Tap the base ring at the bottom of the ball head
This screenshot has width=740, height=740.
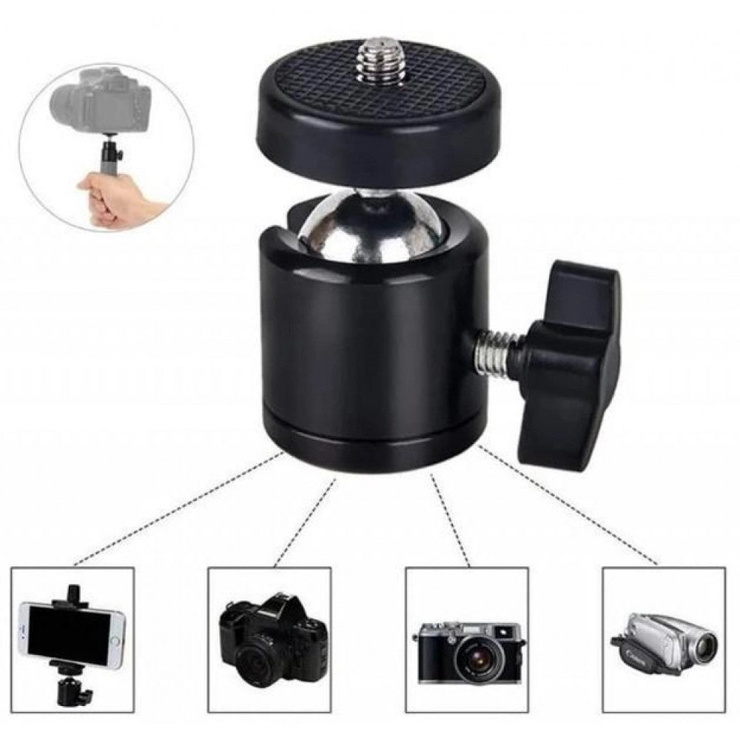click(x=370, y=448)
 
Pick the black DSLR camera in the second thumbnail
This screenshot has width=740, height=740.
click(x=274, y=636)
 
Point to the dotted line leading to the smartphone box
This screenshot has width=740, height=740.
click(x=178, y=511)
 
